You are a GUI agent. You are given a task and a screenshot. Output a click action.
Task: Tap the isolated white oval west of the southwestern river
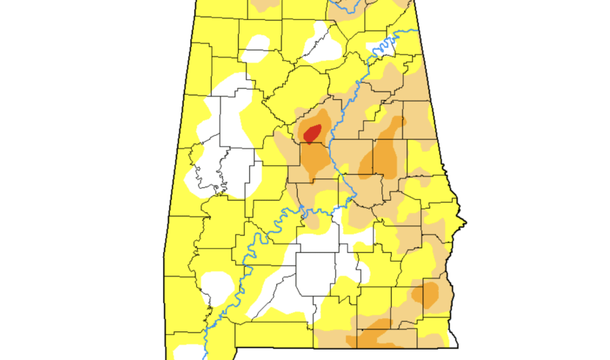(x=219, y=282)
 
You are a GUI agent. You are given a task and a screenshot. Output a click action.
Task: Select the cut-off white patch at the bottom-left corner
(x=187, y=352)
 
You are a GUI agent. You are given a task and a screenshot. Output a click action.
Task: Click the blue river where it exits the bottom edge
(x=205, y=356)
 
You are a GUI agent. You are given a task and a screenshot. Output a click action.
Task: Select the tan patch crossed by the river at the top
(x=353, y=9)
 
